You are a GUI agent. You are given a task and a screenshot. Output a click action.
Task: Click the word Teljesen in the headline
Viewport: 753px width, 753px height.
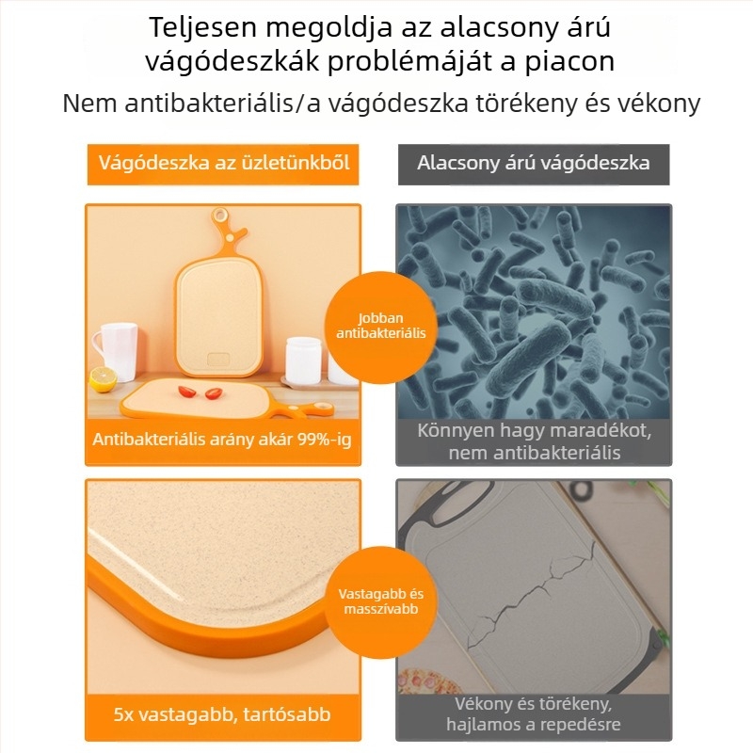203,28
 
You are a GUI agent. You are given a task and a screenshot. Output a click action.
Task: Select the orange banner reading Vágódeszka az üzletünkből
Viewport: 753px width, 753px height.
223,164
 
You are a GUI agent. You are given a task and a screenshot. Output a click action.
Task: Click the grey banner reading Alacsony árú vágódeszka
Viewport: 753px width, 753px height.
534,164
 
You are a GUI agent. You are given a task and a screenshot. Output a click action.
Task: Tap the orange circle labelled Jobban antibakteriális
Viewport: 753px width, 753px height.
381,327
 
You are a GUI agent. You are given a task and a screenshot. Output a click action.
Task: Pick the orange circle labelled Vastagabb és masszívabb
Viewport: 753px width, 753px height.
381,601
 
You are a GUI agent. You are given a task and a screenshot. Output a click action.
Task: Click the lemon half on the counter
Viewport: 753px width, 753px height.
104,379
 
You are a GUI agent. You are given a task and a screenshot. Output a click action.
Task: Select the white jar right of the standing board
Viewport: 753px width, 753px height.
303,361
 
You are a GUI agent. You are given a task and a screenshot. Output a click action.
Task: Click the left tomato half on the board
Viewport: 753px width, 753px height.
186,392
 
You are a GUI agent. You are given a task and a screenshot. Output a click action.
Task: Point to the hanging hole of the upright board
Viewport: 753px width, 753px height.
220,215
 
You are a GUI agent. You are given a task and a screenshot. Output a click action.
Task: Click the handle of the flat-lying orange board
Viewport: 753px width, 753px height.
308,410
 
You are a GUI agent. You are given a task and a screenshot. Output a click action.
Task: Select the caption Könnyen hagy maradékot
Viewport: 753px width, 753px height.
534,430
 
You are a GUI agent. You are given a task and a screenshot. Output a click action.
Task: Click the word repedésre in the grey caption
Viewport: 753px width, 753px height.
579,724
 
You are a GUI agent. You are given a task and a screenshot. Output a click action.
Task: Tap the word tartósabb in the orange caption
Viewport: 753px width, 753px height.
287,714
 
